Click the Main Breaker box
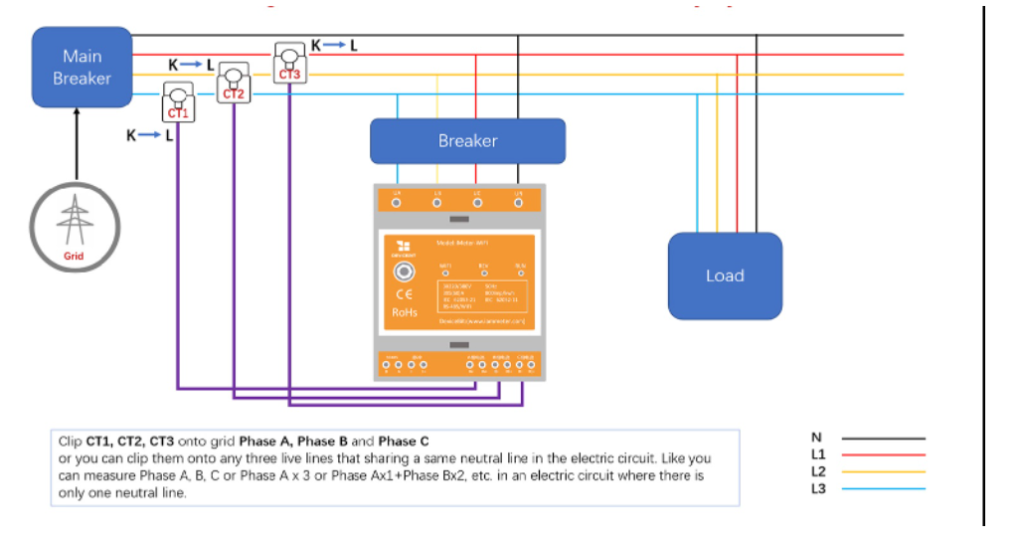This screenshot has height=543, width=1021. [82, 67]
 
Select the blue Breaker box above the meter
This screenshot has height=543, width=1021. [467, 141]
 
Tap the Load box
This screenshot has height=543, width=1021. [725, 275]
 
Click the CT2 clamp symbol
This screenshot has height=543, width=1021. [234, 82]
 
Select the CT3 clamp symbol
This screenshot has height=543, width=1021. [289, 61]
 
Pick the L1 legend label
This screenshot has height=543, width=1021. [818, 454]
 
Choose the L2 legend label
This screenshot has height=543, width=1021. [818, 471]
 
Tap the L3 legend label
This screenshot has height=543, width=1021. [818, 488]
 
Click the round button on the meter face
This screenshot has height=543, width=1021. [405, 271]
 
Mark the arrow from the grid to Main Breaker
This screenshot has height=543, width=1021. [78, 144]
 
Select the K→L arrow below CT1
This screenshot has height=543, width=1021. [150, 135]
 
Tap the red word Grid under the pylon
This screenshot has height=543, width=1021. [74, 257]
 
